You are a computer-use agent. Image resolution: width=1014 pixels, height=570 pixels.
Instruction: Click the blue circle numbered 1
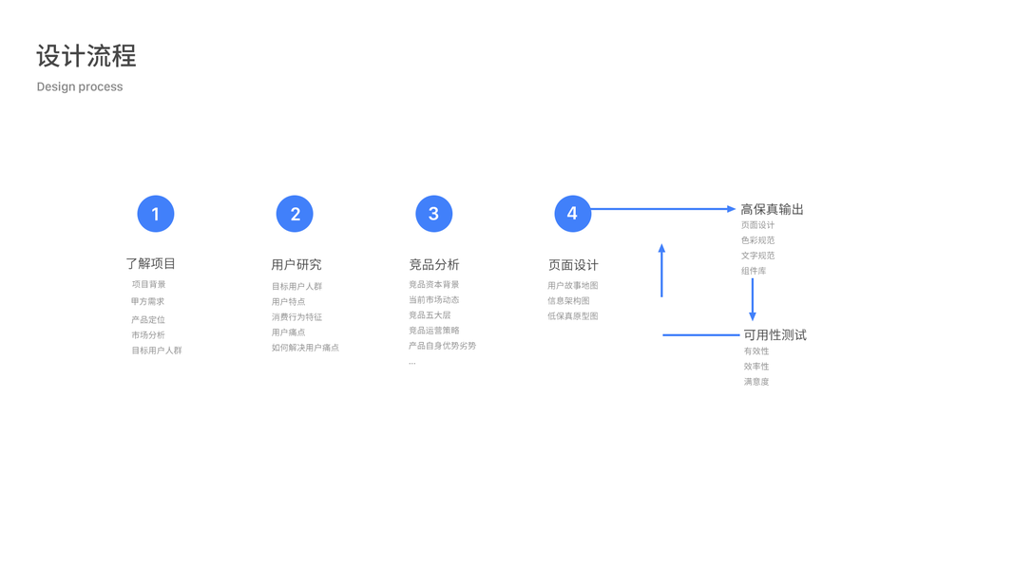[156, 214]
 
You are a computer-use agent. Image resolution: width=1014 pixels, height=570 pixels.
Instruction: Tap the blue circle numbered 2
[295, 214]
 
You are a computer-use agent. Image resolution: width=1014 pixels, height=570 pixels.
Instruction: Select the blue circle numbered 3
[433, 214]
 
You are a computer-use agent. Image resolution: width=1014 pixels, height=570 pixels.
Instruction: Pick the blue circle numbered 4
[572, 214]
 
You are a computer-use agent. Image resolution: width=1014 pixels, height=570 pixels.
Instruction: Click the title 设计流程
[86, 56]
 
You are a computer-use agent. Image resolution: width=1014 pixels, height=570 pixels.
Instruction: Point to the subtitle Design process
[80, 86]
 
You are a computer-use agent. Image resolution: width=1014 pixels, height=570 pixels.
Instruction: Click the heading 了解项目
[150, 263]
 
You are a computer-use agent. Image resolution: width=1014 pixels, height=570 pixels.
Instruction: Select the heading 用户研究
[297, 264]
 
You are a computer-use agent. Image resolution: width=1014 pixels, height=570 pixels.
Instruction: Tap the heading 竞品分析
[434, 264]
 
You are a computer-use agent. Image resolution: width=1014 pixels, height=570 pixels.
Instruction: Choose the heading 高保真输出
[772, 209]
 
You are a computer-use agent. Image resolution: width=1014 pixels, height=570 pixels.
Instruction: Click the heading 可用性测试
[775, 334]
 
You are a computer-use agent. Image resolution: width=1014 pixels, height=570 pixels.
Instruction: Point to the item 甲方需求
[148, 301]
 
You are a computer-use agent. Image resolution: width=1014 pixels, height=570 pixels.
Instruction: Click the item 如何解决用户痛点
[305, 348]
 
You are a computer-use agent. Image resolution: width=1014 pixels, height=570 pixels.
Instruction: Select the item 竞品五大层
[430, 315]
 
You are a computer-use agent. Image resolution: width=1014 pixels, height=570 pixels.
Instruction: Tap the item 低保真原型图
[572, 316]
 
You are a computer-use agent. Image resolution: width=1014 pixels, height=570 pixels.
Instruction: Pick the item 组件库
[754, 271]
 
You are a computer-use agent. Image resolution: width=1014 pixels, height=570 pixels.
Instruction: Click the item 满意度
[756, 382]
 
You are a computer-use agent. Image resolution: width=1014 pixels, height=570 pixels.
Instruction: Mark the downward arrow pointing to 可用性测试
[753, 299]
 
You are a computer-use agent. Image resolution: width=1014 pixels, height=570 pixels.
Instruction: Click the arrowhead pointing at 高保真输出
[731, 209]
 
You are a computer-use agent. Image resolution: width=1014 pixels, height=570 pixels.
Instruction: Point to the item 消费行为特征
[297, 317]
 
